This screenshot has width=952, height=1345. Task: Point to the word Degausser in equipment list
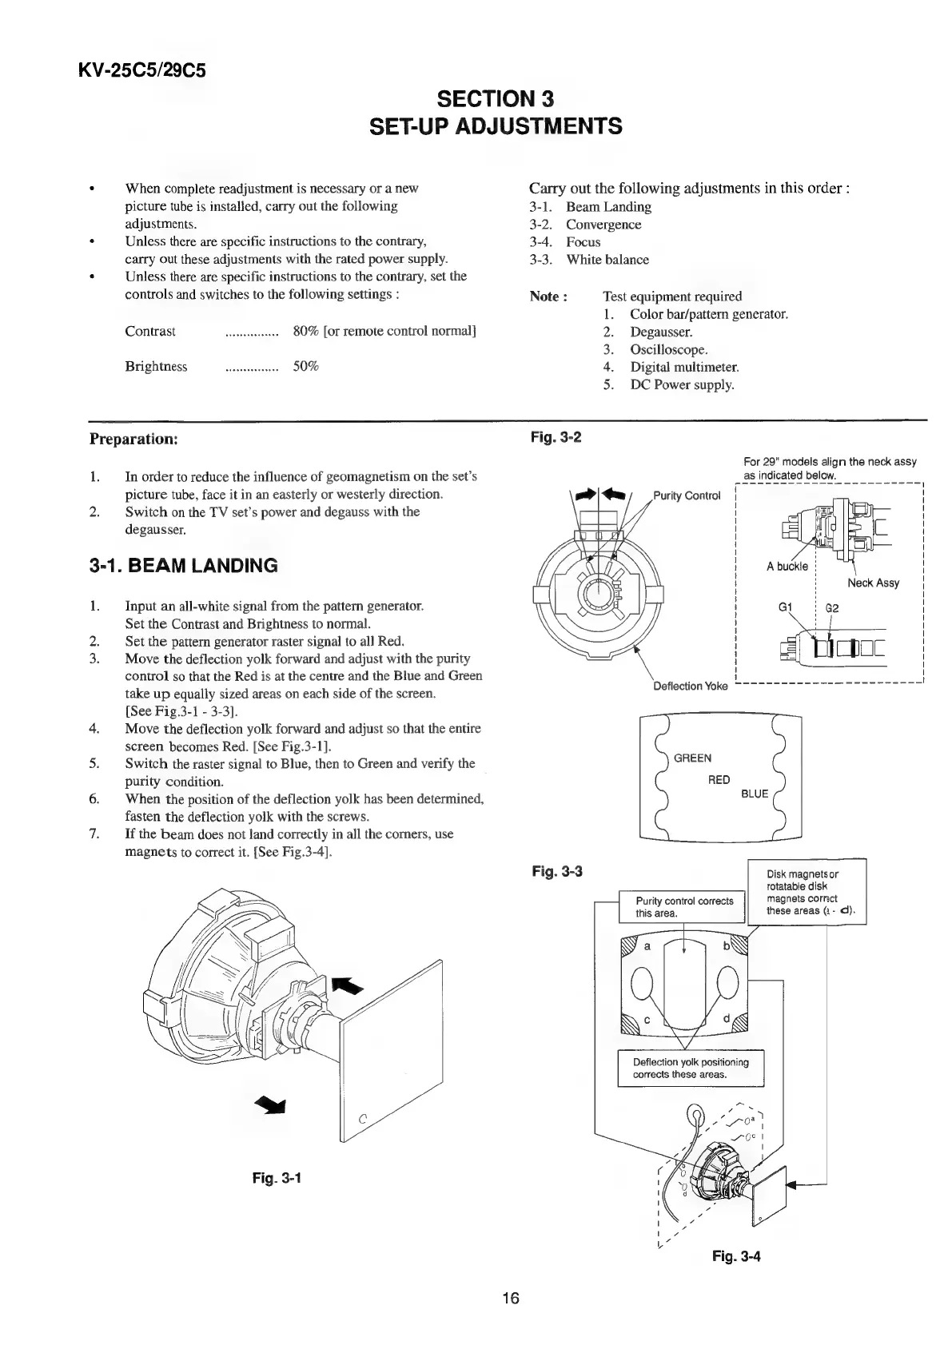click(x=661, y=332)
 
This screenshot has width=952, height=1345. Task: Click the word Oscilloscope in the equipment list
click(x=669, y=349)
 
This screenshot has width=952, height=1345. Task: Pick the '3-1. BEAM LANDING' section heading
click(x=183, y=566)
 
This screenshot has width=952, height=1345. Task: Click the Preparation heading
click(x=133, y=439)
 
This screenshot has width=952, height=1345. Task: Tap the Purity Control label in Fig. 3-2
click(x=687, y=495)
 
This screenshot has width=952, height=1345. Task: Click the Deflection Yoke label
click(x=690, y=686)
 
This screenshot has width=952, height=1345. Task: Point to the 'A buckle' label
click(x=787, y=567)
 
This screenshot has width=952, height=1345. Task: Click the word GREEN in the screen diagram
click(x=692, y=758)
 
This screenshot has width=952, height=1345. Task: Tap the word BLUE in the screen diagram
click(x=755, y=794)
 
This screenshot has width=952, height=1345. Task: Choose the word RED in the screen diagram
click(x=719, y=779)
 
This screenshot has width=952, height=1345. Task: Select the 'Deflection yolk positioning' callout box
click(x=691, y=1068)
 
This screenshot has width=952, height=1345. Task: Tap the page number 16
click(x=511, y=1298)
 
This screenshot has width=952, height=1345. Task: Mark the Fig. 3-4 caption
click(x=736, y=1256)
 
